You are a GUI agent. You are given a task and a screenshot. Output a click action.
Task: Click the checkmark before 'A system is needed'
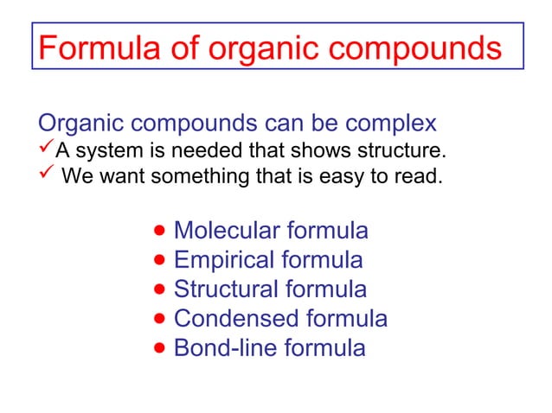click(46, 152)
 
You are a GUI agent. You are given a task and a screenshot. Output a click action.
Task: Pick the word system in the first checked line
click(101, 154)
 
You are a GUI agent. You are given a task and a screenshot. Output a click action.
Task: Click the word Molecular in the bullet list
click(228, 231)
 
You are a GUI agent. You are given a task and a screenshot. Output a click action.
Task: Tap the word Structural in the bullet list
click(226, 289)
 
